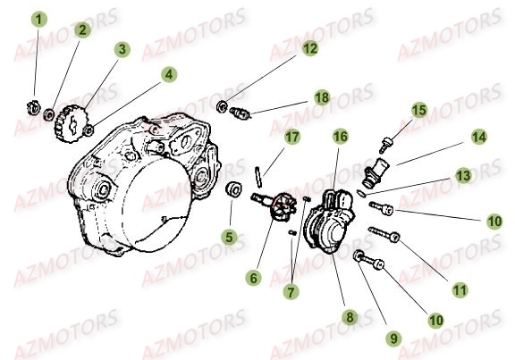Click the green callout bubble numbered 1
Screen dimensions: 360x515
tap(38, 18)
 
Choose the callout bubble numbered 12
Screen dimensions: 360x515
tap(308, 50)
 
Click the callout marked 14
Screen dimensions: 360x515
tap(479, 138)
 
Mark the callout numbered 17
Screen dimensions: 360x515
tap(291, 137)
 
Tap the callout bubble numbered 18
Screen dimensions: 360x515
tap(321, 96)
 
